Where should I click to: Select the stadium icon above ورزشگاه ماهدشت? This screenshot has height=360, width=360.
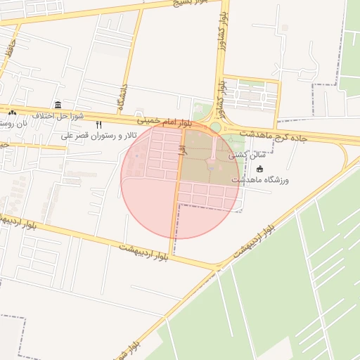[x=260, y=169]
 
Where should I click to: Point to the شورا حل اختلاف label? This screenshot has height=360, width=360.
[x=58, y=115]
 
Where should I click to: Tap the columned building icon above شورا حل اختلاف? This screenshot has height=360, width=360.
[x=57, y=104]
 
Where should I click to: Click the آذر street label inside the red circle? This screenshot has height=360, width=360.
[x=181, y=149]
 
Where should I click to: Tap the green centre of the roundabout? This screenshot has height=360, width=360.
[x=215, y=127]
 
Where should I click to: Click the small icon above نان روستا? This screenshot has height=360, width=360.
[x=12, y=112]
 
